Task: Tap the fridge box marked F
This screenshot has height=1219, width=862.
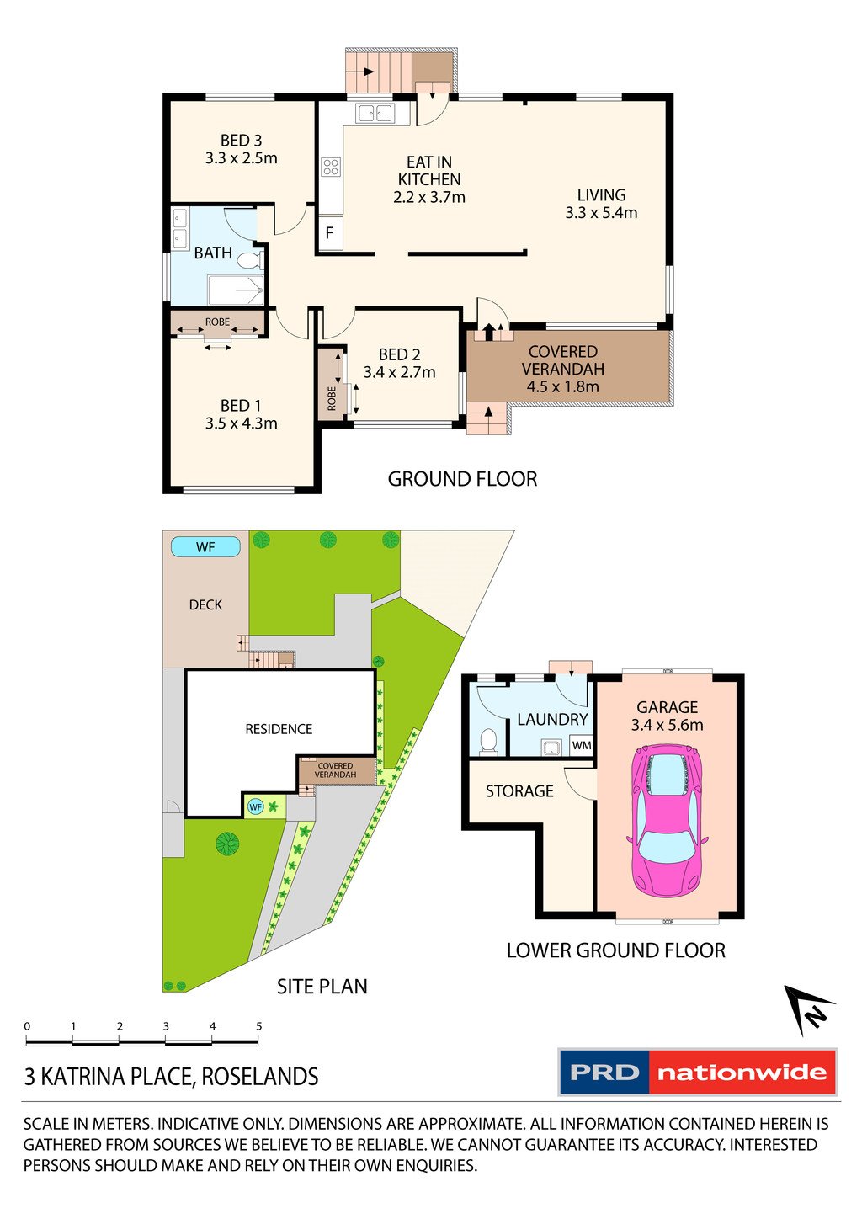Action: point(330,233)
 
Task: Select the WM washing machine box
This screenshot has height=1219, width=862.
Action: point(582,745)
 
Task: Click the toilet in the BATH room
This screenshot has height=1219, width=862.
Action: point(250,261)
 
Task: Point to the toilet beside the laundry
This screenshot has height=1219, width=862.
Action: point(487,741)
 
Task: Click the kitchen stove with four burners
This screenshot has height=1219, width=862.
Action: point(330,167)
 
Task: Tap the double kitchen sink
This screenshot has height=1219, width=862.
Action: point(375,113)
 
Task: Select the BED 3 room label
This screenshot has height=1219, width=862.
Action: point(241,141)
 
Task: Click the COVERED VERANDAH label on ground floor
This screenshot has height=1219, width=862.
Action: point(563,360)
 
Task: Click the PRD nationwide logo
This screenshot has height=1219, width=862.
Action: point(698,1073)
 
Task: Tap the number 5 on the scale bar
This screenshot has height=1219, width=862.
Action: point(258,1026)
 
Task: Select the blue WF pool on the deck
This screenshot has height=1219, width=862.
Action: point(205,547)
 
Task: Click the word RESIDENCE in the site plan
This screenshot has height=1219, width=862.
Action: point(279,729)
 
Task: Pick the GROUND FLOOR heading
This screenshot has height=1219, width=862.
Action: point(462,479)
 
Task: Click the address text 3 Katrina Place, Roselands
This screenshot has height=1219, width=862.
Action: point(172,1077)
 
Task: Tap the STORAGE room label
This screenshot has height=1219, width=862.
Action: point(519,790)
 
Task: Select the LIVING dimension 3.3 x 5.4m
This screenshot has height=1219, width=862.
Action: point(601,213)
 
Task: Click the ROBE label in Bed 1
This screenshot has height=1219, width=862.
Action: point(217,322)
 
